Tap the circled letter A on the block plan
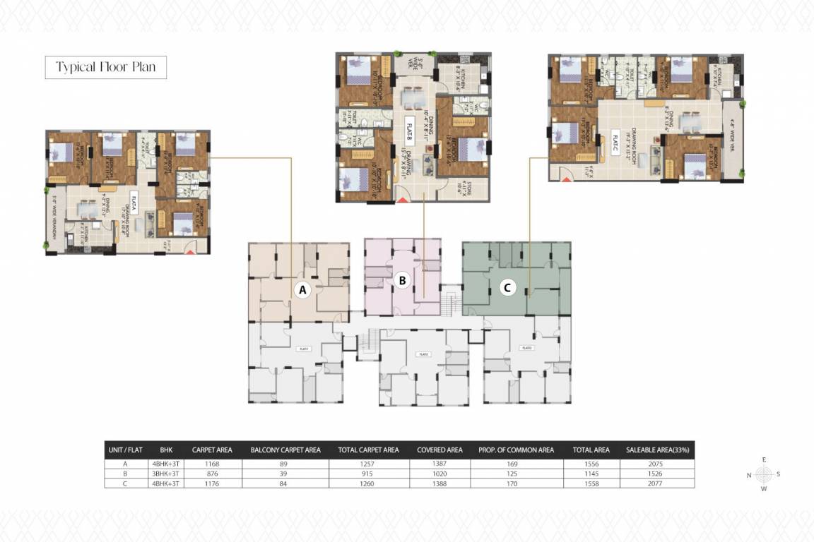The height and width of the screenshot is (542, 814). coord(303,289)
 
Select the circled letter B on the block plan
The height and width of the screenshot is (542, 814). coord(402,281)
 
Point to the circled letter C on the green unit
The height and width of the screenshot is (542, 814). coord(507,287)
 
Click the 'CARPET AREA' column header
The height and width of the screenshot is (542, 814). coord(208,450)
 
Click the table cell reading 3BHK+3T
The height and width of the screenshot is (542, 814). coord(166,473)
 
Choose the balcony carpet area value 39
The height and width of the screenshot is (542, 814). coord(285,473)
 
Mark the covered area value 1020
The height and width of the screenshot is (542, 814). coord(440,473)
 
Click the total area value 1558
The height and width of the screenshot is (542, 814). coord(582,483)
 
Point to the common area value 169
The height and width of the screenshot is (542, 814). coord(514,464)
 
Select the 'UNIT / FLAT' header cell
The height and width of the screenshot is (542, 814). coord(125,450)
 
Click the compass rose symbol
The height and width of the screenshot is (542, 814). coord(763,474)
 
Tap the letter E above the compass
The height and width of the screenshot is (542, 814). coord(763,459)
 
